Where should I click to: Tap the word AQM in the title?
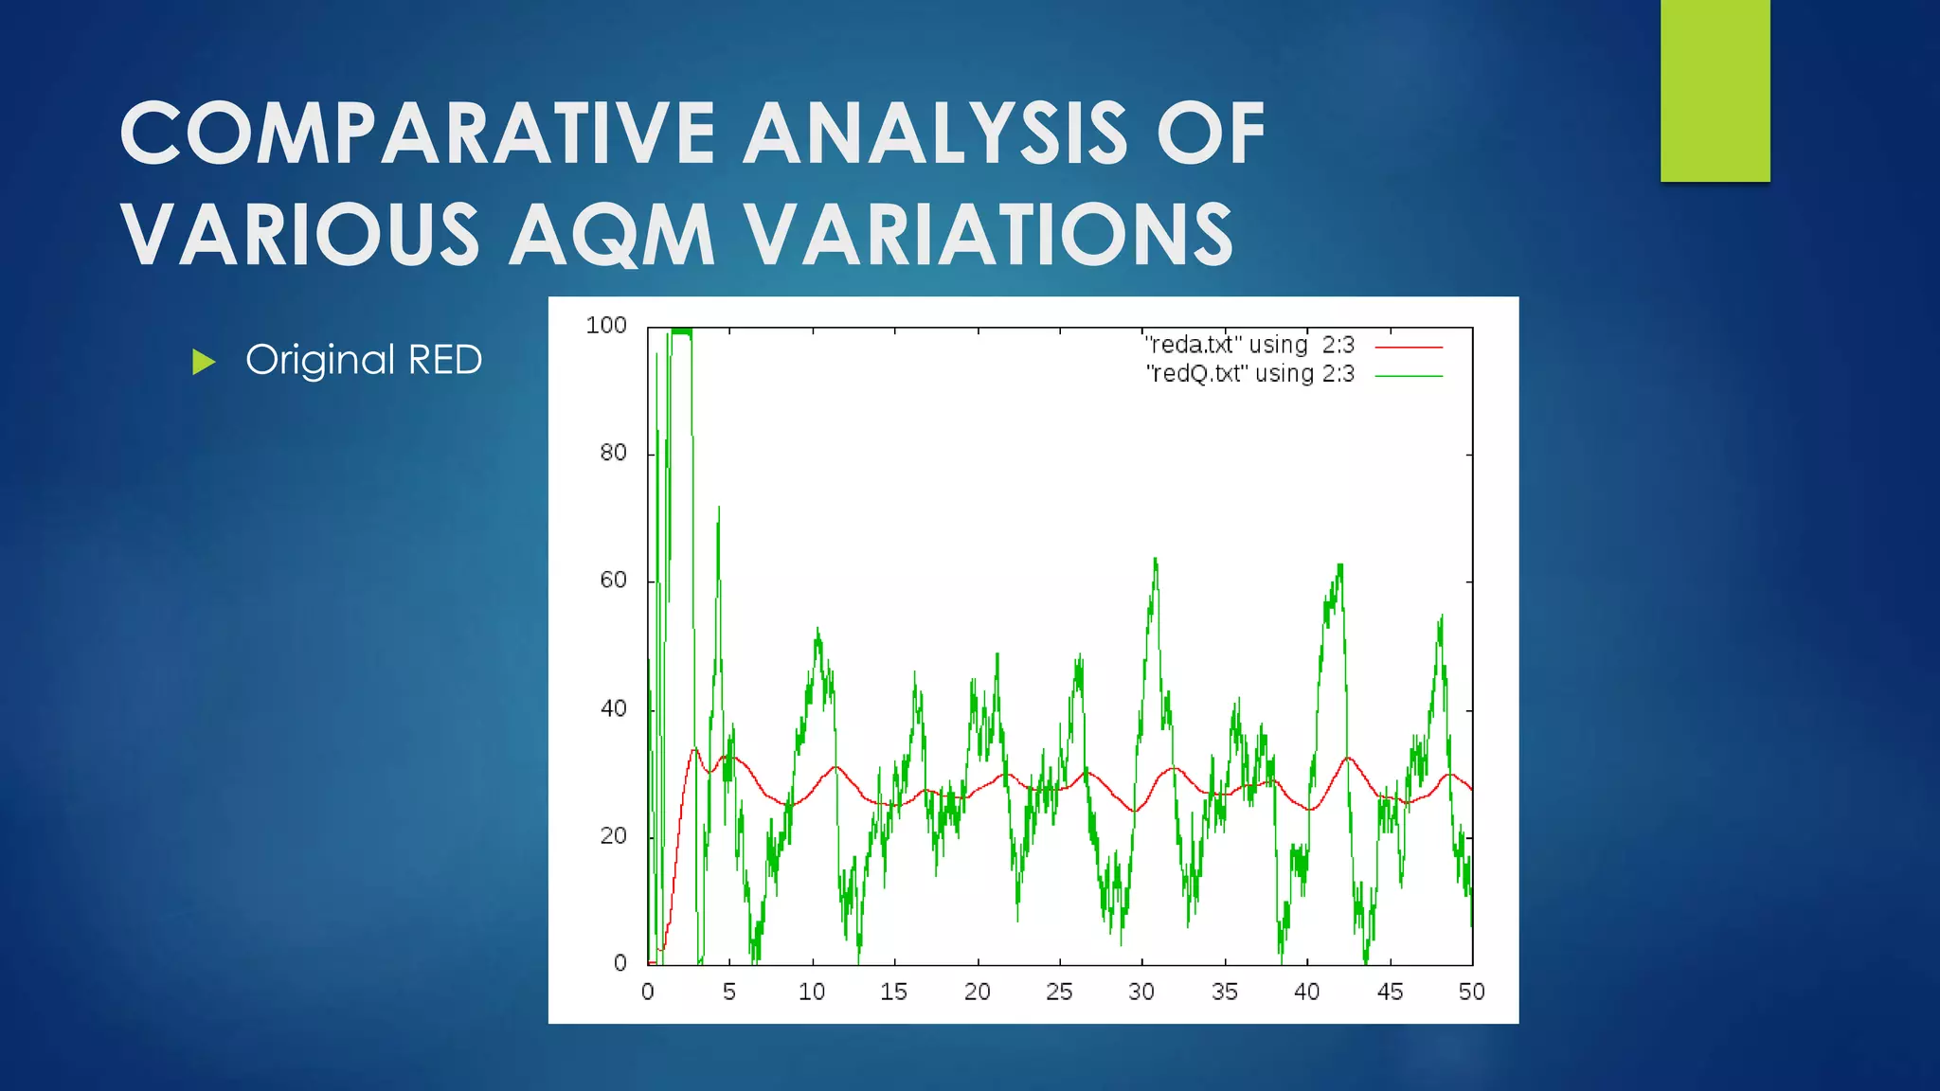pyautogui.click(x=612, y=235)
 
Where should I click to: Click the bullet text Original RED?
pyautogui.click(x=364, y=360)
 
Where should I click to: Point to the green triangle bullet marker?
pyautogui.click(x=204, y=362)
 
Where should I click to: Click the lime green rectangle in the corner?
pyautogui.click(x=1715, y=90)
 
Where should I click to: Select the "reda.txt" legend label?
pyautogui.click(x=1249, y=345)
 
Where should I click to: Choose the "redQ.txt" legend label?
pyautogui.click(x=1249, y=374)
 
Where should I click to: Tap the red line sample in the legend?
pyautogui.click(x=1409, y=348)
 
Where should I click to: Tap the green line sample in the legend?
pyautogui.click(x=1409, y=376)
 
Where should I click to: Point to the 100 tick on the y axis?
pyautogui.click(x=606, y=326)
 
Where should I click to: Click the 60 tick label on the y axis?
pyautogui.click(x=613, y=581)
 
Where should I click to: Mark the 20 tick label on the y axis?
pyautogui.click(x=613, y=836)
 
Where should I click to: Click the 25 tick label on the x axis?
pyautogui.click(x=1059, y=992)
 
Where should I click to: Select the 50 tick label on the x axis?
pyautogui.click(x=1471, y=992)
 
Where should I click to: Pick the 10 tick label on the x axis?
pyautogui.click(x=812, y=992)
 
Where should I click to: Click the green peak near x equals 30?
pyautogui.click(x=1156, y=561)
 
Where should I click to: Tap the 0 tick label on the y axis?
pyautogui.click(x=620, y=963)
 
